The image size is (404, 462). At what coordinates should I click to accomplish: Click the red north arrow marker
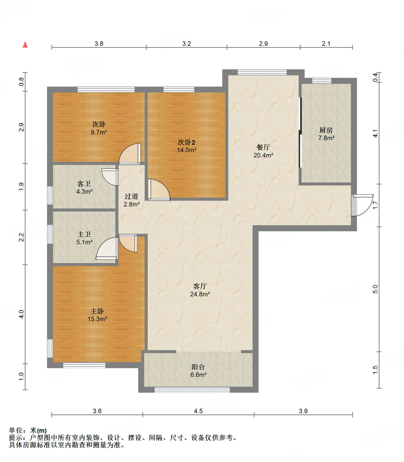(x=25, y=45)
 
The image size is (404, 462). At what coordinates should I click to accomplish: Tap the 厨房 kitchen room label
(x=326, y=130)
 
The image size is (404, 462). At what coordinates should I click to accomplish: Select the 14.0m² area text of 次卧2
(x=187, y=150)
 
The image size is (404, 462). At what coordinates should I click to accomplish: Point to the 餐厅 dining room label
(x=263, y=147)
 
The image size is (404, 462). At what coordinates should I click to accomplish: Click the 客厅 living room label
(x=200, y=286)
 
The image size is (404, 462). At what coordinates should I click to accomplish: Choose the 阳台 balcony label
(x=198, y=367)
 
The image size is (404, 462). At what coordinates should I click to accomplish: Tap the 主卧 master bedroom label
(x=97, y=311)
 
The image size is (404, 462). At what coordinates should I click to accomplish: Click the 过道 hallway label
(x=131, y=196)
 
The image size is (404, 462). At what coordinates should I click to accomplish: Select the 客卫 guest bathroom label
(x=84, y=184)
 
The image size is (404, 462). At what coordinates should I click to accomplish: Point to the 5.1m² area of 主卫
(x=85, y=242)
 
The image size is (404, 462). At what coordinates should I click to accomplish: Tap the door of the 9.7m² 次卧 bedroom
(x=130, y=154)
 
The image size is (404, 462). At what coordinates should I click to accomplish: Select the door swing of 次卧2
(x=159, y=189)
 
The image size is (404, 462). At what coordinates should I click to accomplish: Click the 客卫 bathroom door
(x=110, y=177)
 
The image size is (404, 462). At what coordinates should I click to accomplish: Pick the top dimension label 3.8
(x=99, y=44)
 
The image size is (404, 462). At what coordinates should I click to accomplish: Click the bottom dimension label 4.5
(x=198, y=411)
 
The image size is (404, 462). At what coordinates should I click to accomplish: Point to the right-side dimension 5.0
(x=375, y=289)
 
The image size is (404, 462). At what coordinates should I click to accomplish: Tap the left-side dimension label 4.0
(x=22, y=314)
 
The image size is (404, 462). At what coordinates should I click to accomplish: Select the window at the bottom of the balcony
(x=192, y=389)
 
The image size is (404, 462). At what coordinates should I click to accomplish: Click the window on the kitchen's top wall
(x=322, y=81)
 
